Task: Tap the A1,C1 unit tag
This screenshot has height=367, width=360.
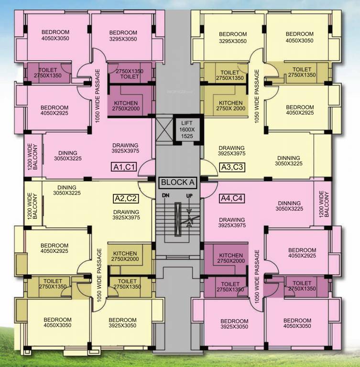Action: (124, 167)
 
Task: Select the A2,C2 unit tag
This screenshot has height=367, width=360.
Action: (126, 198)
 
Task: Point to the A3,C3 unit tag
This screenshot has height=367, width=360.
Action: (232, 167)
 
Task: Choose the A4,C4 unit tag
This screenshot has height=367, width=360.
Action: (232, 198)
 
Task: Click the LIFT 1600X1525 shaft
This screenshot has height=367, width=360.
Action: (187, 129)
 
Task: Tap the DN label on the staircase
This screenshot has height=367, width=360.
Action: (165, 196)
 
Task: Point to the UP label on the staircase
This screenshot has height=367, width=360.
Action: (190, 196)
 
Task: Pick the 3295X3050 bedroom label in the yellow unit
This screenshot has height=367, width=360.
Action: (233, 37)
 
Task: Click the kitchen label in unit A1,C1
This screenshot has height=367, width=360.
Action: (126, 106)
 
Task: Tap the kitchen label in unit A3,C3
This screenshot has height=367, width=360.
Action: (231, 106)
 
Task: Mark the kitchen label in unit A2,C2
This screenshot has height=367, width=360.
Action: (125, 256)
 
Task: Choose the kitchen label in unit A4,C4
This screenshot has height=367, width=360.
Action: (231, 258)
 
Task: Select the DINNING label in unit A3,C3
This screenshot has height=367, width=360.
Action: (288, 161)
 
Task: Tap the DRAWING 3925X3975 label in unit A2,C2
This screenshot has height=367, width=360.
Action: (126, 215)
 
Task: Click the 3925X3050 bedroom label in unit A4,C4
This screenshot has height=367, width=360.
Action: (234, 324)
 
